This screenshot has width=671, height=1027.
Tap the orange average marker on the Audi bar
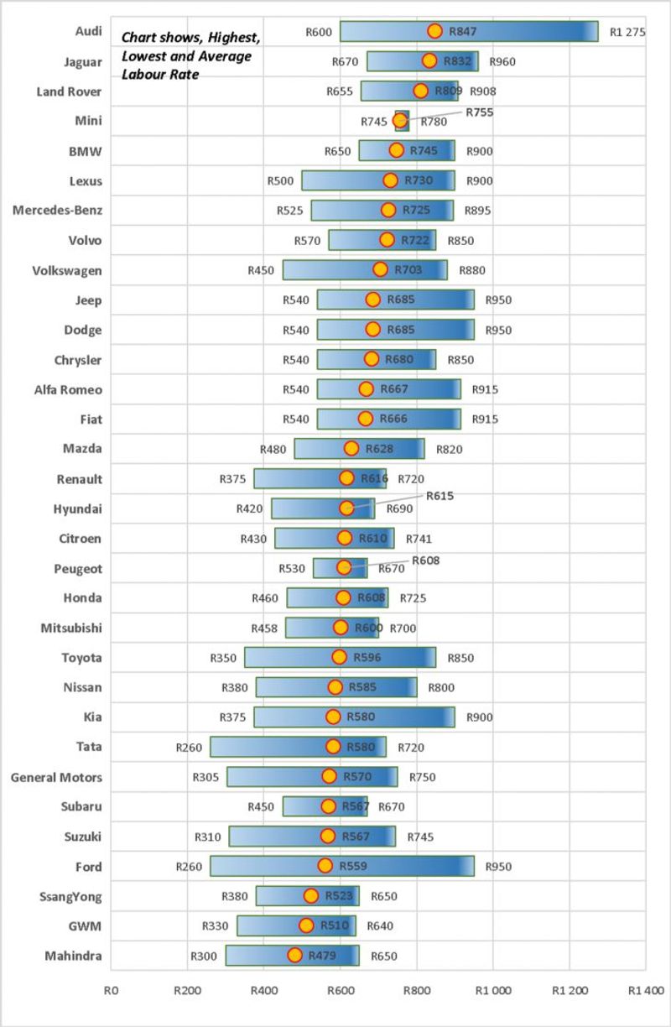pos(434,31)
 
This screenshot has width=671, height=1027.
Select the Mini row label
pos(88,121)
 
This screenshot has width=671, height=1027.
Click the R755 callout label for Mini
pos(480,112)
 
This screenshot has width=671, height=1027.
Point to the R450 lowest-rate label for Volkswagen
pos(261,270)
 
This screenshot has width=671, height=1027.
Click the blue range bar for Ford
pos(403,866)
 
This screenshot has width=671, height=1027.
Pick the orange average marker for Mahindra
pos(295,955)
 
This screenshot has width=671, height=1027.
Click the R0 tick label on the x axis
pos(111,990)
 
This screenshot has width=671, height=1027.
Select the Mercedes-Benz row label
pos(57,211)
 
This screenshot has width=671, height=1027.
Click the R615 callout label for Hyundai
pos(440,496)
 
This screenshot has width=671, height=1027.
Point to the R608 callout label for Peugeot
pos(425,560)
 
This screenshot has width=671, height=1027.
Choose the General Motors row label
pos(56,777)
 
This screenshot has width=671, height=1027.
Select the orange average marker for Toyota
pos(339,657)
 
